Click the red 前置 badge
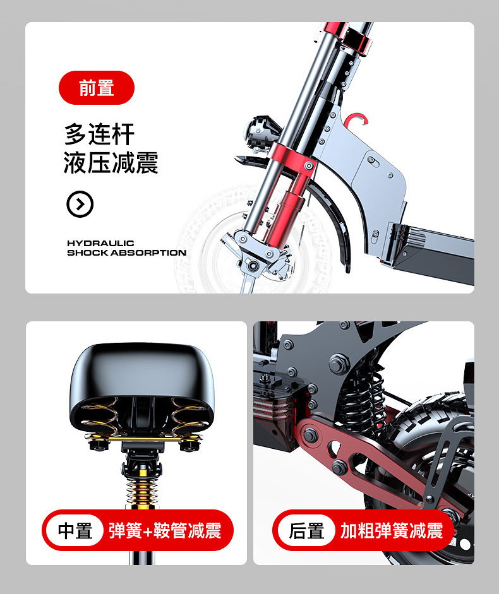point(96,88)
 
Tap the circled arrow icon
point(80,204)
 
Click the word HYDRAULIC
point(100,243)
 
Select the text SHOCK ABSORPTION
point(127,252)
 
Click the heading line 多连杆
point(99,134)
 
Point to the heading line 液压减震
point(111,163)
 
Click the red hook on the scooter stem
point(356,119)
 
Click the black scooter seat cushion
point(142,386)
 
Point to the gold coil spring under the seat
point(142,489)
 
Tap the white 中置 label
point(75,530)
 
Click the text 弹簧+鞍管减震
point(165,530)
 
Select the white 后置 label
point(306,530)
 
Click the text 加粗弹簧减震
point(392,530)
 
